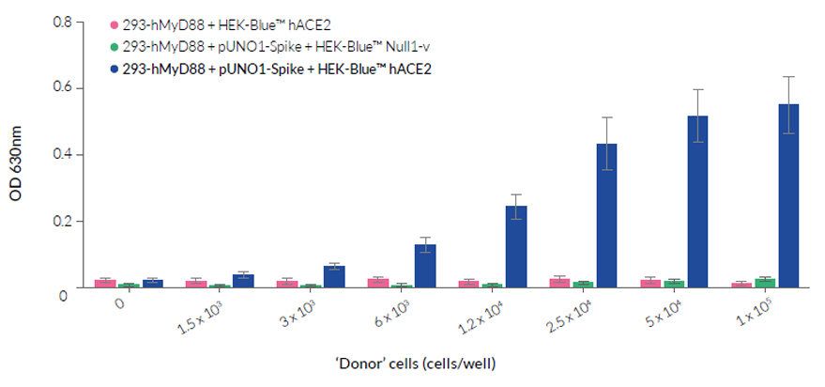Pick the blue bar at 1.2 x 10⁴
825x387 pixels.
pos(516,246)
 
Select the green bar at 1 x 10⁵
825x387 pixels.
pos(765,282)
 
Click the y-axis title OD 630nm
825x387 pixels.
pos(17,155)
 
